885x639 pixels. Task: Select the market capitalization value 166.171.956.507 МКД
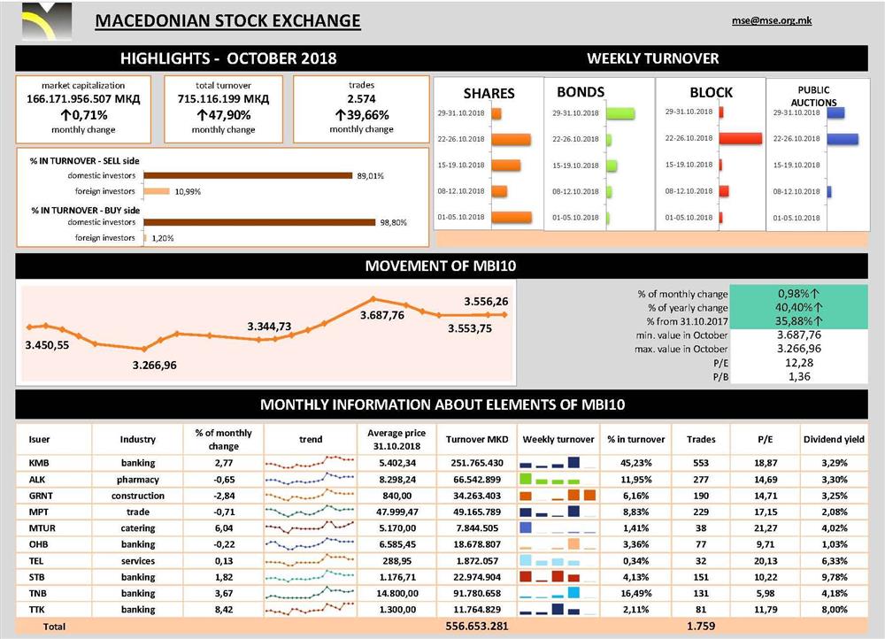pyautogui.click(x=83, y=100)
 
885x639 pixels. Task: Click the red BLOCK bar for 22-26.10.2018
pyautogui.click(x=741, y=139)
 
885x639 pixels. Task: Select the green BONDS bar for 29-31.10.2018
pyautogui.click(x=621, y=113)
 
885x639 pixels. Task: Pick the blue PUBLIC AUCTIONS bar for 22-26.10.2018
pyautogui.click(x=842, y=139)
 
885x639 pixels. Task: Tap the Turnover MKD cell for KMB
pyautogui.click(x=476, y=463)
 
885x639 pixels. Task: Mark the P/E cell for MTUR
pyautogui.click(x=765, y=528)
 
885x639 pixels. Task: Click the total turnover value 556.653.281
pyautogui.click(x=476, y=627)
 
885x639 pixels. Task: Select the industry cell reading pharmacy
pyautogui.click(x=138, y=479)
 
